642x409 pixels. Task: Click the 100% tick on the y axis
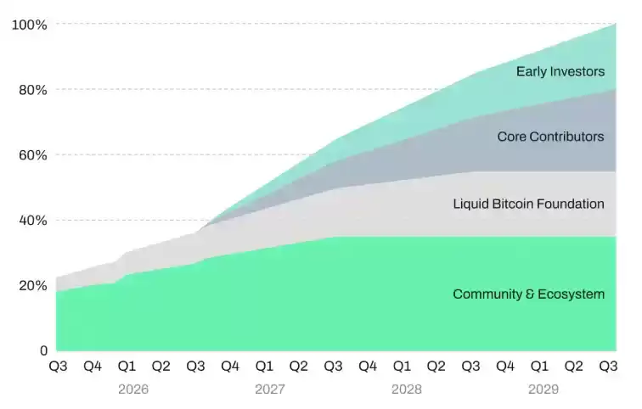click(29, 25)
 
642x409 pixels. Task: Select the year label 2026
click(132, 390)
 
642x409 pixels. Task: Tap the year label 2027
click(270, 390)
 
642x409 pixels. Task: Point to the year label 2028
click(407, 390)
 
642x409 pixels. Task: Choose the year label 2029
click(544, 390)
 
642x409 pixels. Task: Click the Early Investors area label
click(560, 71)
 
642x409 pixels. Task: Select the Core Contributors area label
click(550, 137)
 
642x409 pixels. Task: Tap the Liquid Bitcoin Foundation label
click(528, 204)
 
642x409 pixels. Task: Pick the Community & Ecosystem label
click(528, 294)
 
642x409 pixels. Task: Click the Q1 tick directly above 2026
click(127, 367)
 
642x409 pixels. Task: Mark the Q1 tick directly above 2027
click(264, 367)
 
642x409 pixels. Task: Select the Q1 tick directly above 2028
click(402, 367)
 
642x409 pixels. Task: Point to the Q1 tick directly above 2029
click(539, 367)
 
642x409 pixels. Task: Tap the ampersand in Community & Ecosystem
click(529, 294)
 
